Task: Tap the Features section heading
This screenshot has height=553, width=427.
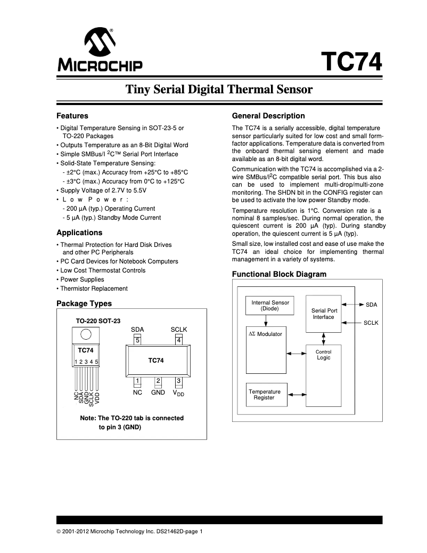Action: pyautogui.click(x=72, y=116)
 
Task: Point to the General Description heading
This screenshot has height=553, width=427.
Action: pyautogui.click(x=268, y=116)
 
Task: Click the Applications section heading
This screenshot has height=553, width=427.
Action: pyautogui.click(x=79, y=233)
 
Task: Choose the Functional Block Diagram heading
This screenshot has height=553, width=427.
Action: pyautogui.click(x=279, y=274)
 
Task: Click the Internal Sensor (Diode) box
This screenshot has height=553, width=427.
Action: pyautogui.click(x=270, y=306)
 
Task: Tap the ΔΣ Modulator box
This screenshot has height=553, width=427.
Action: pyautogui.click(x=266, y=349)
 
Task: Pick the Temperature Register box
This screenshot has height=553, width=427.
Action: pyautogui.click(x=265, y=395)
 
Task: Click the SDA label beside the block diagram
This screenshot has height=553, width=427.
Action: pyautogui.click(x=371, y=304)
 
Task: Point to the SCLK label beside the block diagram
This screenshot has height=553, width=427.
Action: pyautogui.click(x=371, y=323)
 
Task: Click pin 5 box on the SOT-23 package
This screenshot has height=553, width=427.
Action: pyautogui.click(x=137, y=340)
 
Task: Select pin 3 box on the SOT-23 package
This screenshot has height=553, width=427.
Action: pyautogui.click(x=179, y=380)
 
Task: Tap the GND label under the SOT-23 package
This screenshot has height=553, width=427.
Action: pyautogui.click(x=158, y=392)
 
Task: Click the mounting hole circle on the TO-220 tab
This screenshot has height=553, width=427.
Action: pyautogui.click(x=85, y=334)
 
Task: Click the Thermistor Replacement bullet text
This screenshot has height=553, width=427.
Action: pyautogui.click(x=94, y=288)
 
